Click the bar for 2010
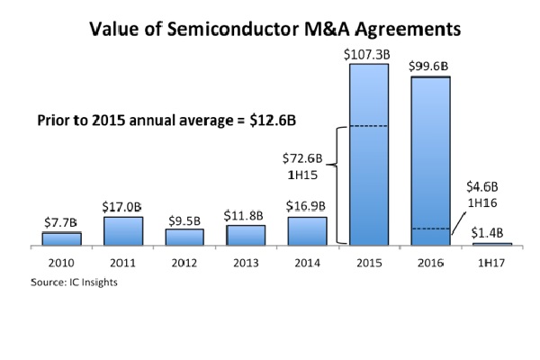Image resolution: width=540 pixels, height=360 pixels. pos(61,238)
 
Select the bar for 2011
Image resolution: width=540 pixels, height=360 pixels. pos(122,230)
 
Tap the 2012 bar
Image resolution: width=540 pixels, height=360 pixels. pos(184,237)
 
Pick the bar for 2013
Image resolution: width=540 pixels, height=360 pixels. pos(246,235)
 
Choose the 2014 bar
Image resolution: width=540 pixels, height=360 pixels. pos(307,230)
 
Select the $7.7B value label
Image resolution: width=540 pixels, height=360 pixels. pos(61,221)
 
